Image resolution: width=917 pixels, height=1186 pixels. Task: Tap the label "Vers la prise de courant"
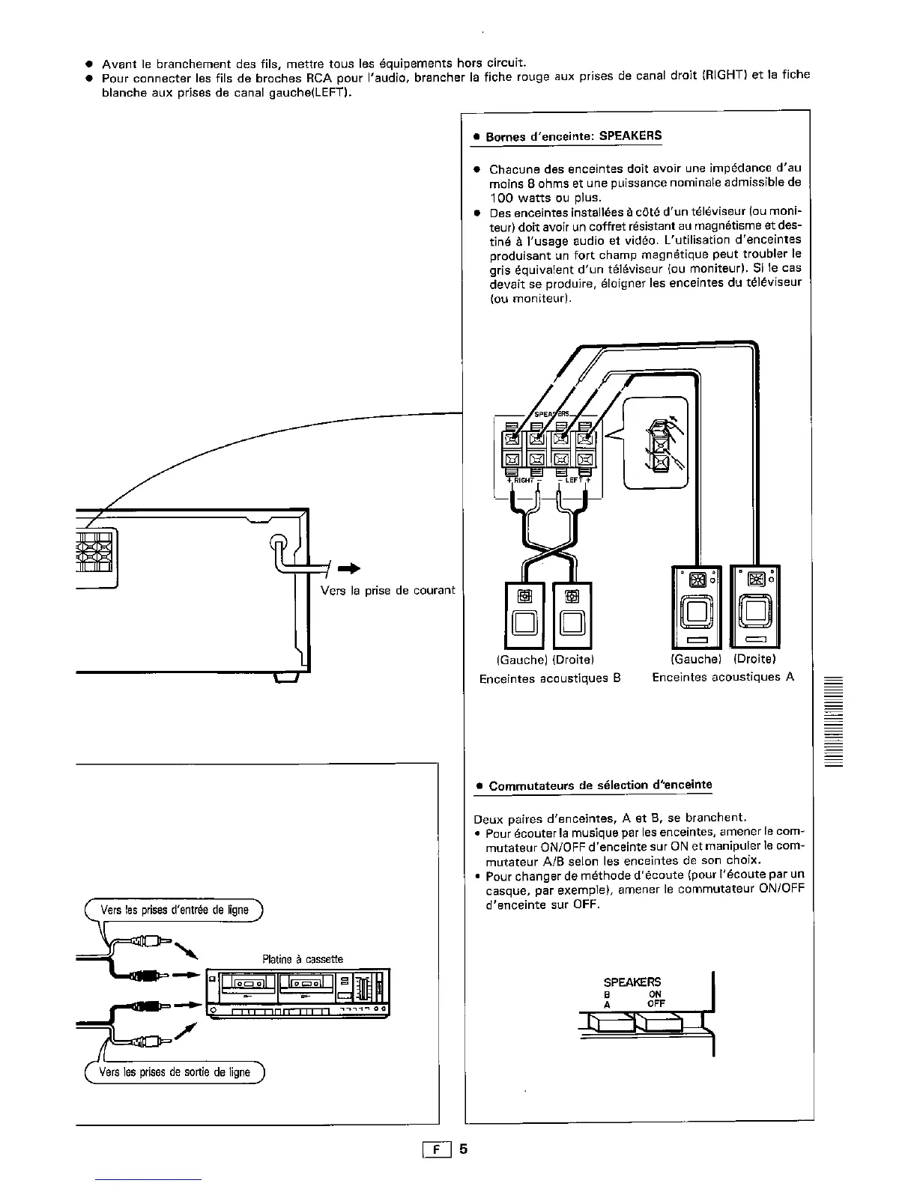click(x=387, y=590)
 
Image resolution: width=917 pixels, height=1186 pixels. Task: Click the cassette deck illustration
click(x=297, y=992)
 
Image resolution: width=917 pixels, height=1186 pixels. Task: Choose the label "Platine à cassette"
click(x=303, y=959)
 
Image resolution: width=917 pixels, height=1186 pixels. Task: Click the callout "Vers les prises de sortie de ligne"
click(x=176, y=1072)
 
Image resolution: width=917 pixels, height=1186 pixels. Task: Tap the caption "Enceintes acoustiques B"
click(x=550, y=678)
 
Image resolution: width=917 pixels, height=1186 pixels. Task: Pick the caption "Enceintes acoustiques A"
click(x=723, y=677)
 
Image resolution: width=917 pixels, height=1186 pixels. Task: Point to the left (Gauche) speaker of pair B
click(x=524, y=614)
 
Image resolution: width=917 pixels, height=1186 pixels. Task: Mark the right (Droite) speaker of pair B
click(x=572, y=614)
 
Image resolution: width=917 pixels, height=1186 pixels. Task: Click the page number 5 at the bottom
click(x=464, y=1149)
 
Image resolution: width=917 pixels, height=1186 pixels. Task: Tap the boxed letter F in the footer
click(x=437, y=1149)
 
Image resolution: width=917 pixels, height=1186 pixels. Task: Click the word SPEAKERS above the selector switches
click(x=632, y=982)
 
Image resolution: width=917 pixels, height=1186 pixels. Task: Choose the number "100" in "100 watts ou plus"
click(x=502, y=198)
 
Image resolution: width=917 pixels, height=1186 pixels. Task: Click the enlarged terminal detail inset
click(x=656, y=443)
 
